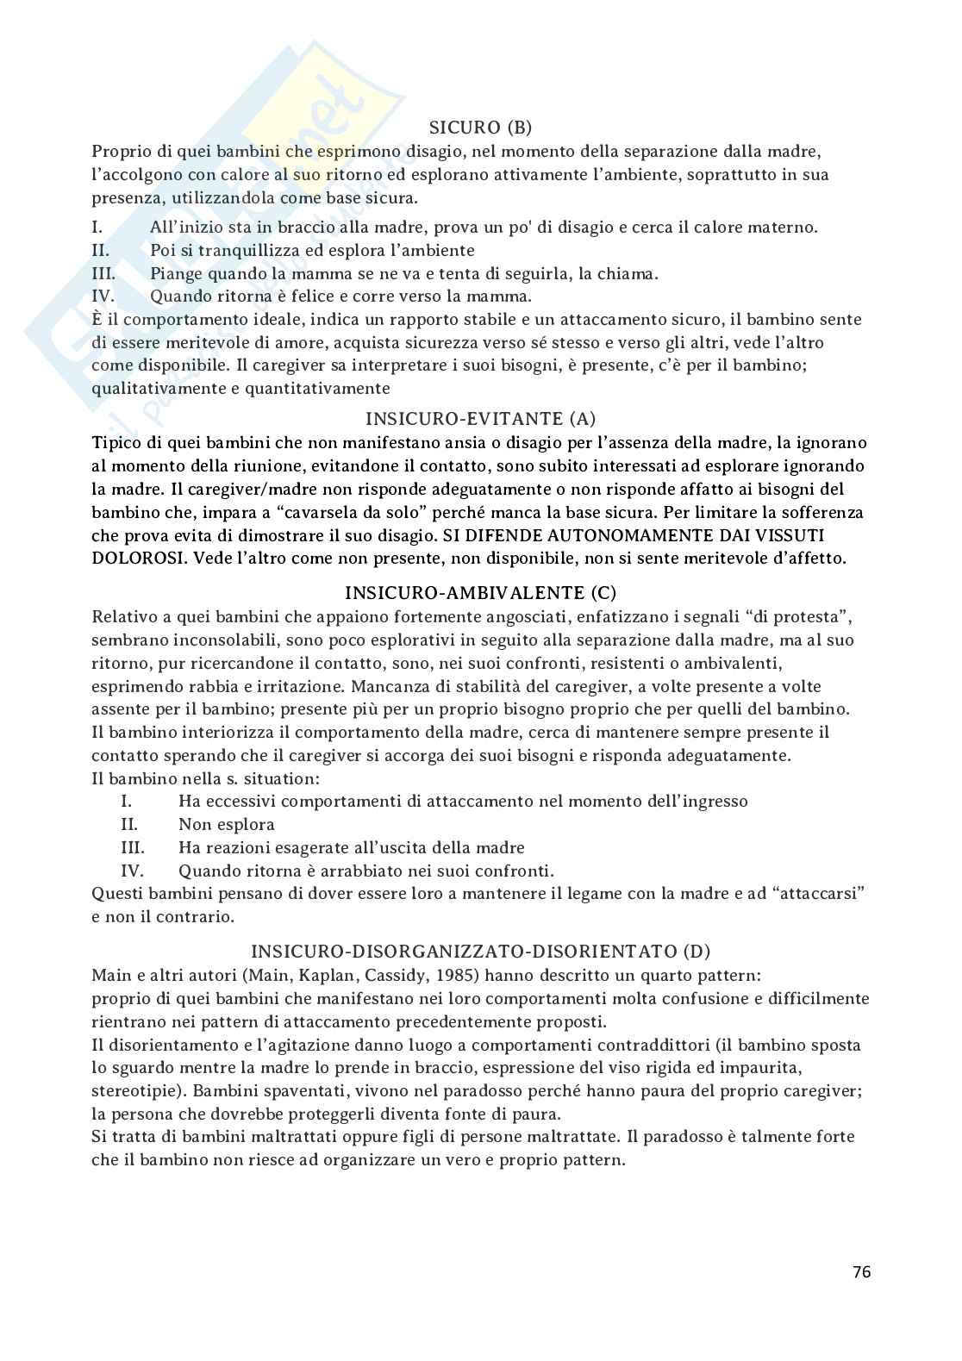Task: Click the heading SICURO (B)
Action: click(x=480, y=128)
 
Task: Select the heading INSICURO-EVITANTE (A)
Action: click(x=480, y=419)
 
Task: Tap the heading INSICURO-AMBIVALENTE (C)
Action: click(x=480, y=593)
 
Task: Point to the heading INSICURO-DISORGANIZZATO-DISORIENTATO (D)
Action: click(x=480, y=952)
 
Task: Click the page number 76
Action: click(x=861, y=1271)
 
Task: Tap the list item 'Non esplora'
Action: click(x=227, y=824)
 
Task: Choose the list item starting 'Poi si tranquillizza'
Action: click(x=312, y=251)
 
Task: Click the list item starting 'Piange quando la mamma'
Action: click(x=403, y=274)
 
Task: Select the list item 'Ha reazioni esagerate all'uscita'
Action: click(x=351, y=847)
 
